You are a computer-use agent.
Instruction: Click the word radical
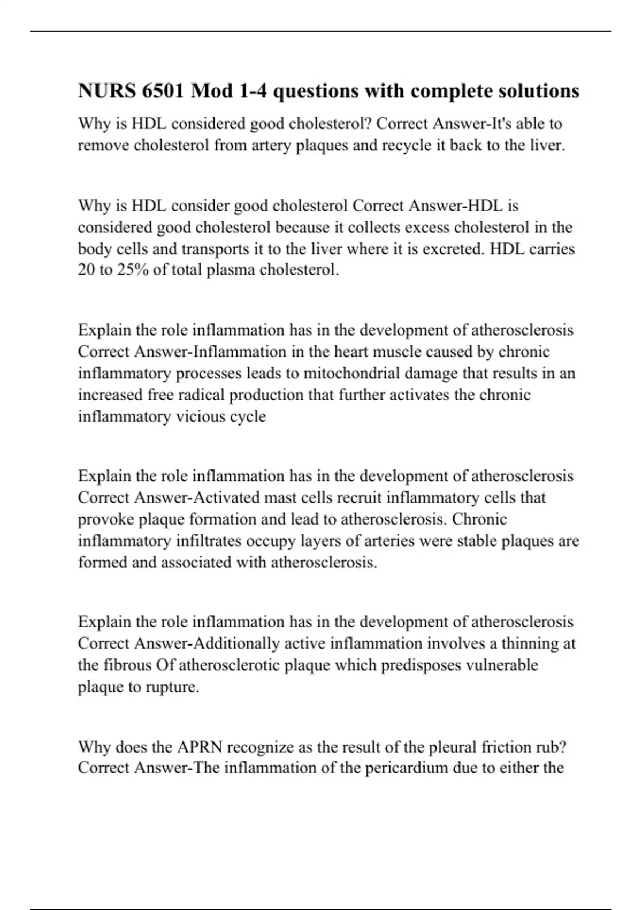[x=204, y=395]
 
